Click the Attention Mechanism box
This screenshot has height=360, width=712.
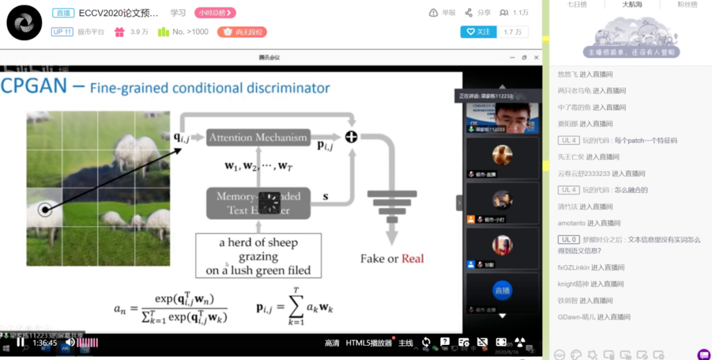tap(258, 137)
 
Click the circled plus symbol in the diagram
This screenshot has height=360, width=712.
tap(351, 136)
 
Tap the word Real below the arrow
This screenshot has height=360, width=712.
tap(413, 258)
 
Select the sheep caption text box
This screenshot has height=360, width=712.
tap(258, 256)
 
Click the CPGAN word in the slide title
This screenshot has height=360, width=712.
tap(35, 86)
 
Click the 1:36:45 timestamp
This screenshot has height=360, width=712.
tap(45, 342)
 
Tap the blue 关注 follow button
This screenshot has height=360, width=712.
tap(479, 32)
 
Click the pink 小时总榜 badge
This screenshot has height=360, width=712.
tap(215, 13)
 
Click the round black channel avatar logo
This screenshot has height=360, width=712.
tap(24, 22)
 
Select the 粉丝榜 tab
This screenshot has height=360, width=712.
tap(687, 5)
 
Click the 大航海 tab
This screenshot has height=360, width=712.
tap(632, 5)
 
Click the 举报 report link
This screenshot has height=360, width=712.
tap(442, 13)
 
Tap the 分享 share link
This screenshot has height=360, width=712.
tap(478, 13)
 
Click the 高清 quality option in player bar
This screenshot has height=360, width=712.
tap(332, 343)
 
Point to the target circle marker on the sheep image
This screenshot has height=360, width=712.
tap(45, 210)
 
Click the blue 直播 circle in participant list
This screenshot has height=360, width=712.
tap(502, 290)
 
